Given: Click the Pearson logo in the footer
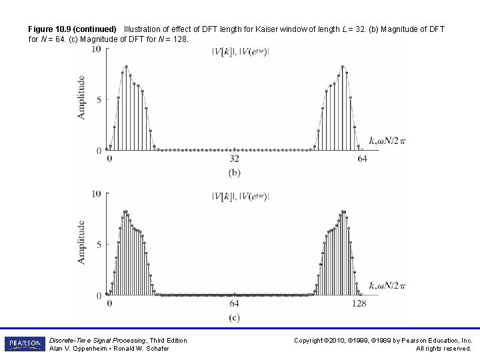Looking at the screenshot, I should pos(24,343).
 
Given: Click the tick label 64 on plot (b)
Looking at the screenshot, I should pos(362,159).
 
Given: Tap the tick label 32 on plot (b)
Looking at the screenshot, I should pos(235,159).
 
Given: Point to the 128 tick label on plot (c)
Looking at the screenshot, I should pos(359,303).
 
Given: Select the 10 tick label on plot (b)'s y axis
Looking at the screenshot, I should pos(97,49).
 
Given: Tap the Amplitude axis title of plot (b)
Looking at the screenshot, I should pos(81,97).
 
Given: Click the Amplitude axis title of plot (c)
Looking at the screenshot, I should pos(81,242).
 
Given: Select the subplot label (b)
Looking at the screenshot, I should pos(235,173).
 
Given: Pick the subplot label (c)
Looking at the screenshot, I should pos(235,317).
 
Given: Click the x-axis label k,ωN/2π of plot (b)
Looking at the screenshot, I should pos(387,141).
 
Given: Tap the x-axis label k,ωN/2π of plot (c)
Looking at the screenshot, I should pos(387,285).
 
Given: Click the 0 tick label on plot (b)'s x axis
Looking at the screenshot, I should pos(109,159).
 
